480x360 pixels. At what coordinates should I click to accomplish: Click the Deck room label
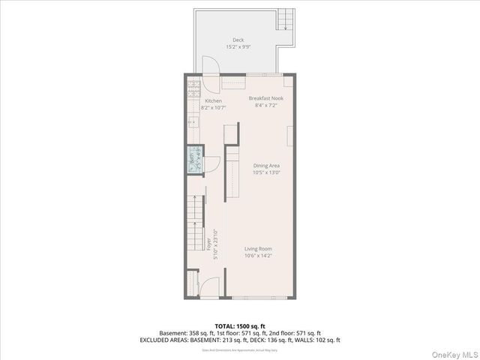pos(238,40)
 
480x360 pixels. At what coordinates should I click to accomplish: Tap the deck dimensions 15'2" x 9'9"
pos(238,46)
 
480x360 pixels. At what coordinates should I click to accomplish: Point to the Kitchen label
pos(214,100)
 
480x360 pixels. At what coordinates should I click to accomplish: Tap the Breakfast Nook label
pos(265,98)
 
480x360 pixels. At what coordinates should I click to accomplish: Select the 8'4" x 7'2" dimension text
pos(265,106)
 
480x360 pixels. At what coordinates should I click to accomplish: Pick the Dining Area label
pos(266,166)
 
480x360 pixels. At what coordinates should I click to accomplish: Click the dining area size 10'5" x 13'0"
pos(266,172)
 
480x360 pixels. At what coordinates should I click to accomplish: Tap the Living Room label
pos(258,249)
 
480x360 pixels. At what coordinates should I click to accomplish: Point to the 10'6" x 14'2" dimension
pos(258,256)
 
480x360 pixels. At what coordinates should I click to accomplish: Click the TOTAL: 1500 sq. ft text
pos(239,326)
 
